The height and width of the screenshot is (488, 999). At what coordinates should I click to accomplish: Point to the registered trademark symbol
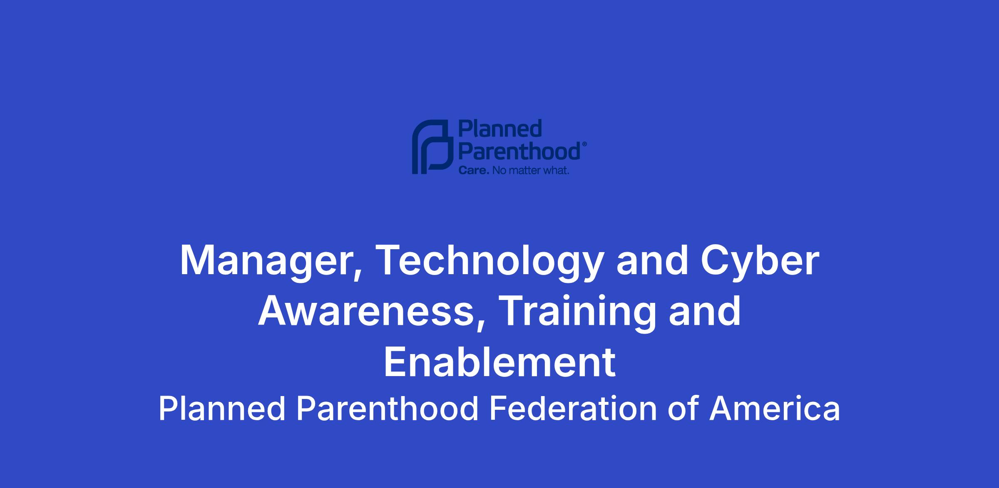(x=584, y=144)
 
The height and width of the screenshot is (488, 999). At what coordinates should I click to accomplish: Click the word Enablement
(x=499, y=362)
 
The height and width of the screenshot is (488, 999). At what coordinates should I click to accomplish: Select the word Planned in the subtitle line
(x=222, y=409)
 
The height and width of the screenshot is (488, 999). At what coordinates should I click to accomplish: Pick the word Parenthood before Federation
(x=388, y=409)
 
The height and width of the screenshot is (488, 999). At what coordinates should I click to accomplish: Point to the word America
(x=775, y=409)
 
